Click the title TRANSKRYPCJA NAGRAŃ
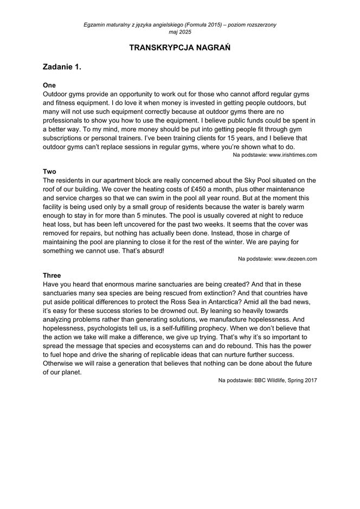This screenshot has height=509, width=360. (180, 48)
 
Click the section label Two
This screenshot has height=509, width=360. (49, 171)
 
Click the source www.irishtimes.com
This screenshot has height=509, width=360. (293, 155)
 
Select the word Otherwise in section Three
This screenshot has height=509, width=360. (60, 362)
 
